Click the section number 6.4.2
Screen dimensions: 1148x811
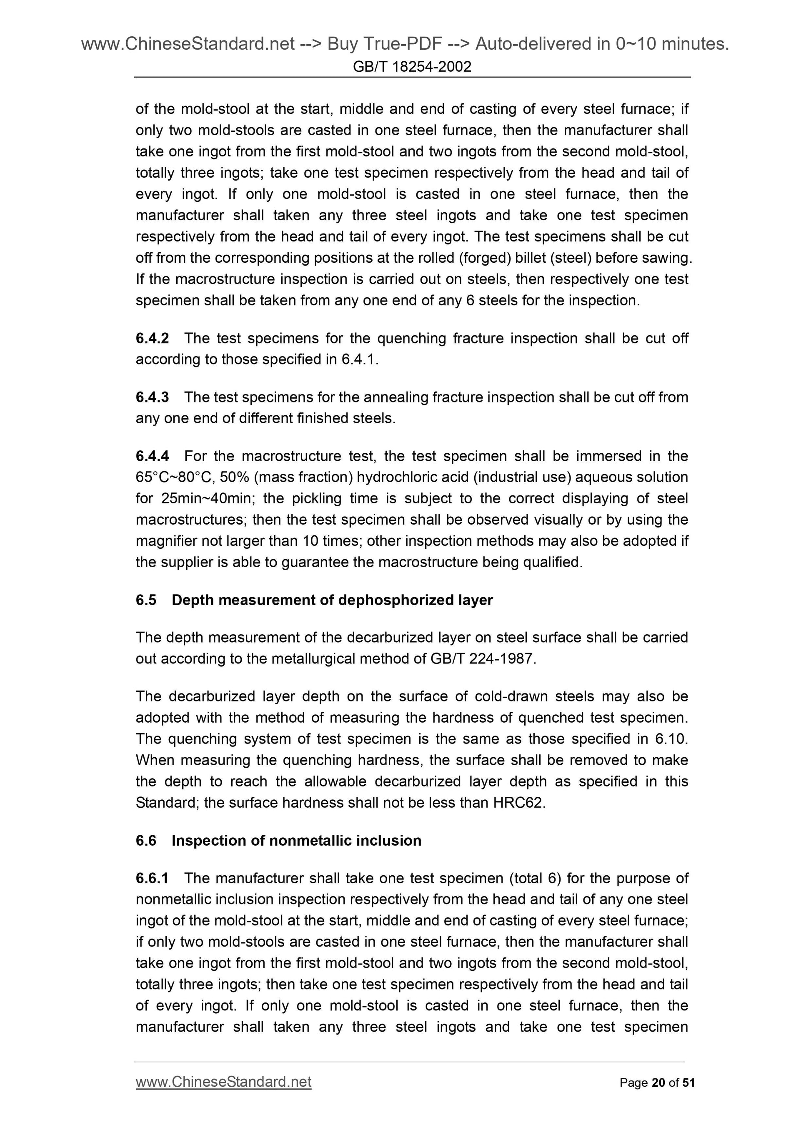point(152,339)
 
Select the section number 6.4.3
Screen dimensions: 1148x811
point(152,397)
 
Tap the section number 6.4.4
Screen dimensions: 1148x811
point(152,456)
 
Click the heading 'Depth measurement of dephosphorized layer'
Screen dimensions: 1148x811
point(332,600)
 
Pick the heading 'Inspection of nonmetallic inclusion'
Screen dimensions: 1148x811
point(296,841)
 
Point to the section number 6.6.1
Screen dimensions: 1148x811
point(152,878)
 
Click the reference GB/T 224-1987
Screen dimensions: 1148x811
point(482,659)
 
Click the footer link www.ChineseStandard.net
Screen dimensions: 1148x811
point(223,1083)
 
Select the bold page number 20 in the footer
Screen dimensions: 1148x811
point(658,1083)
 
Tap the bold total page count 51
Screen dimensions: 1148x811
point(688,1083)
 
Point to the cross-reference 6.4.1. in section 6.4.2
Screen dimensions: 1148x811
point(360,359)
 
